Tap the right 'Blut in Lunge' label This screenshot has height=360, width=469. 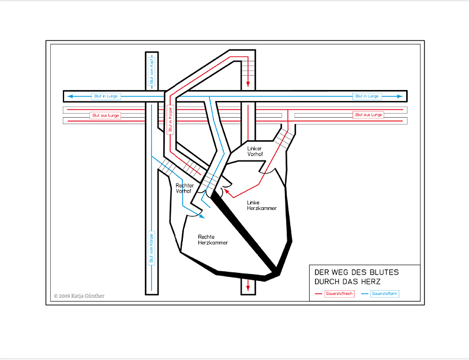coord(367,96)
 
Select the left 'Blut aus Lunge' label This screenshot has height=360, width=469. coord(106,115)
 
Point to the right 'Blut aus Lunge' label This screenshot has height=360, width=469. coord(368,115)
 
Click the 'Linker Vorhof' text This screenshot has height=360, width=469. coord(254,152)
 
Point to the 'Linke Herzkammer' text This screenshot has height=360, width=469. coord(258,205)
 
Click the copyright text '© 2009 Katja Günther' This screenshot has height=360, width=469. coord(79,296)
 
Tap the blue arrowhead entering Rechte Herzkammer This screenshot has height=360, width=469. coord(201,217)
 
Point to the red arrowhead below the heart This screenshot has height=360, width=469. coord(248,284)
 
